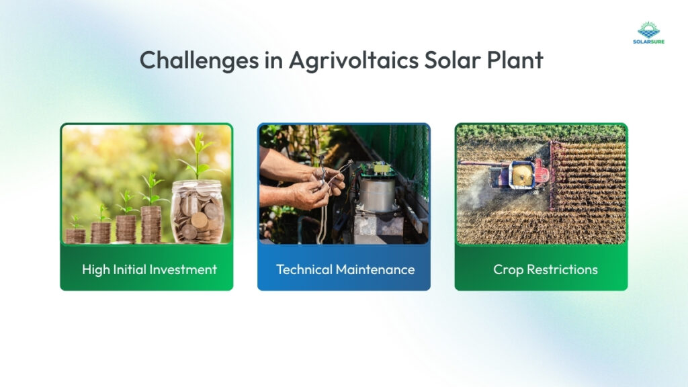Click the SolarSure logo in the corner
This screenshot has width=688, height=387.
point(648,32)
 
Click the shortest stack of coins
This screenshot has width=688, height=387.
point(75,235)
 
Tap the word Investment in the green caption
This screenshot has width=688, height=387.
point(185,269)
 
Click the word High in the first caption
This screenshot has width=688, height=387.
point(96,269)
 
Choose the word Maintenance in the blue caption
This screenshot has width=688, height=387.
point(376,269)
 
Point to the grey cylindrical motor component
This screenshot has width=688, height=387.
point(378,195)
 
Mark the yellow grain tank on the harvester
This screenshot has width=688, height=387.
point(522,176)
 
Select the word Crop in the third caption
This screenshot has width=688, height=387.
point(508,269)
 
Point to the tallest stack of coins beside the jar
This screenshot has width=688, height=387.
point(151,224)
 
